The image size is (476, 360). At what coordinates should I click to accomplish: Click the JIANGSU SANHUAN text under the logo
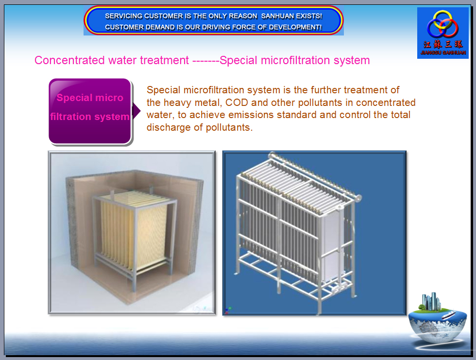click(x=443, y=52)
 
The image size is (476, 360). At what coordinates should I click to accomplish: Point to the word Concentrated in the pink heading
click(x=69, y=60)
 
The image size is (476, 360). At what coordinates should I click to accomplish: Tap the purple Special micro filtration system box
click(x=90, y=111)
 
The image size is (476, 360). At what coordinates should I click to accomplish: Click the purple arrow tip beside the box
click(x=140, y=111)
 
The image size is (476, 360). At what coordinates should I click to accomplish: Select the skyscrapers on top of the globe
click(x=431, y=301)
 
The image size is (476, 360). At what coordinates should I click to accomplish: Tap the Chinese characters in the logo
click(x=443, y=44)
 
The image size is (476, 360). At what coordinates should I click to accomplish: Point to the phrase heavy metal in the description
click(x=192, y=103)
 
